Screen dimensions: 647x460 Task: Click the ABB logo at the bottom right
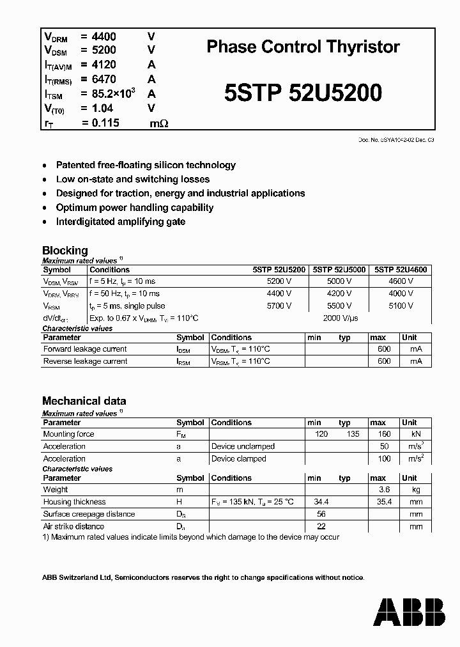[409, 611]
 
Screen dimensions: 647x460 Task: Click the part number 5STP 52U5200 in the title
[303, 93]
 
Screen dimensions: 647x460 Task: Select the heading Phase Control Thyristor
[303, 47]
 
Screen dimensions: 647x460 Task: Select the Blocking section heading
[65, 251]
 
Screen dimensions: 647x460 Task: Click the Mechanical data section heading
[84, 401]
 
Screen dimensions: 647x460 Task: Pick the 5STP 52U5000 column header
[339, 270]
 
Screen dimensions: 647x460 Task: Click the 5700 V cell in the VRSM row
[279, 306]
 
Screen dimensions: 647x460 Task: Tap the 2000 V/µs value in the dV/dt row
[341, 318]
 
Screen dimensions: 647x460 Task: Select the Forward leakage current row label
[84, 349]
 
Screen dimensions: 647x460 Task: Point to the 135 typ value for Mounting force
[344, 434]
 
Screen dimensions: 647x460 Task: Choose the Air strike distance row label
[73, 526]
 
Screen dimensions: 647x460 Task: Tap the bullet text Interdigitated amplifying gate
[120, 221]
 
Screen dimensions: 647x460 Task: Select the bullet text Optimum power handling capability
[134, 207]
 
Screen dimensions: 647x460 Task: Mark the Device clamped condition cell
[240, 458]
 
